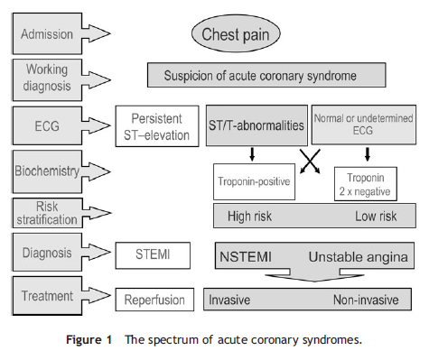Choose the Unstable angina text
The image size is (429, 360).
click(x=360, y=257)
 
